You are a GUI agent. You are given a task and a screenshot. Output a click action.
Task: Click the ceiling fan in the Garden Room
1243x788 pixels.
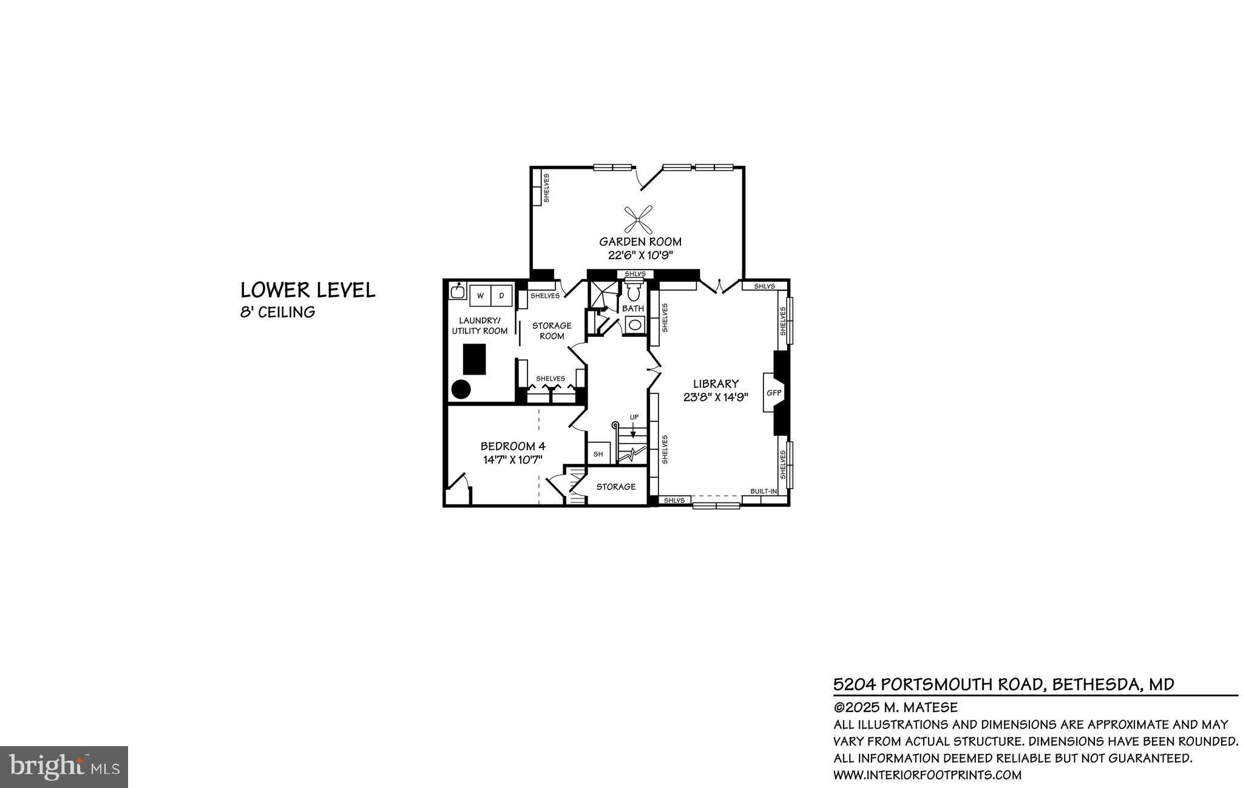point(638,219)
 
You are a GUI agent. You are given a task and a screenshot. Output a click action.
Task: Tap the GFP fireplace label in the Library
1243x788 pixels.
point(773,393)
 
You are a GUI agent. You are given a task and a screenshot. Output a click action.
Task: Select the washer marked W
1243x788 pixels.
point(480,296)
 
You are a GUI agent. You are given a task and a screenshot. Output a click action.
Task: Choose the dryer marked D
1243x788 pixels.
point(501,296)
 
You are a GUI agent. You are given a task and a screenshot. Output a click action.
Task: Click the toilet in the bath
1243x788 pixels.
point(634,293)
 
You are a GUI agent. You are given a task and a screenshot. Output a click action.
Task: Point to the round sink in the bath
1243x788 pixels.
point(634,324)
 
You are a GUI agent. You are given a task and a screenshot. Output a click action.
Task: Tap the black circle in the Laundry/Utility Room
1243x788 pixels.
point(461,389)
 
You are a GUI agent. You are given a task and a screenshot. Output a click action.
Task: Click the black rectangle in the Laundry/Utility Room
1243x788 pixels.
point(475,359)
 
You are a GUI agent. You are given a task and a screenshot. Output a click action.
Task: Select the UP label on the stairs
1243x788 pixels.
point(634,417)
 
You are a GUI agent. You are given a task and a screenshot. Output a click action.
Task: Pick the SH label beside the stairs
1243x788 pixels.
point(598,453)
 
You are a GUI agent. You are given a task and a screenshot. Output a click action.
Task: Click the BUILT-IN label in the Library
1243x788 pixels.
point(764,491)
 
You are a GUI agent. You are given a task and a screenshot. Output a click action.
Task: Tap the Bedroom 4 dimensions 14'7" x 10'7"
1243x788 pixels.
point(513,460)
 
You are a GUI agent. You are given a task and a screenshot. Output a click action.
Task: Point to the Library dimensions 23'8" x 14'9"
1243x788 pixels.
point(716,397)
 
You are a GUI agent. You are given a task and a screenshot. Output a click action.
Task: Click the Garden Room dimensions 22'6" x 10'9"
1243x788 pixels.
point(640,255)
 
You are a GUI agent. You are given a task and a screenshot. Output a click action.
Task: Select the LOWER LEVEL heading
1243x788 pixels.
point(308,290)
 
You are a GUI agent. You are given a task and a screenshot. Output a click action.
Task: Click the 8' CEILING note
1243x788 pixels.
point(277,313)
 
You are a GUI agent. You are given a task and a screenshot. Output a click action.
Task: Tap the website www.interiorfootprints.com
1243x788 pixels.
point(927,775)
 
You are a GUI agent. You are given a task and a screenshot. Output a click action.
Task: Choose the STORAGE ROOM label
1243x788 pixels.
point(552,331)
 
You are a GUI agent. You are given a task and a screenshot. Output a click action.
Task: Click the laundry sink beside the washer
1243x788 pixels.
point(458,291)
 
